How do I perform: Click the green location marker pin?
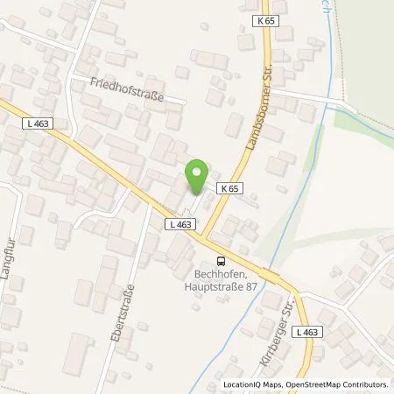tap(198, 172)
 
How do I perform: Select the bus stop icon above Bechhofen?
tap(222, 260)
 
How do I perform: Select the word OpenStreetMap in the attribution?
tap(303, 384)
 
